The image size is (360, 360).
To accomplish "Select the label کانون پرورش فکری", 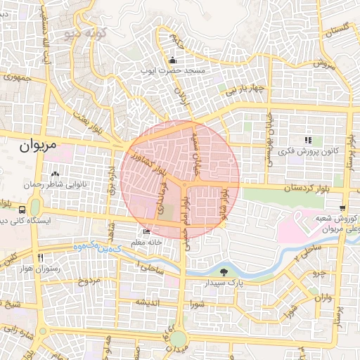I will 309,151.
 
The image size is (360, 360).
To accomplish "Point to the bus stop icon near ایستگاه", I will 22,210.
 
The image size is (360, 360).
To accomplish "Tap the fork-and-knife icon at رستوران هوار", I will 41,257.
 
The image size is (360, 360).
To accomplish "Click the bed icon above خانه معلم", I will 146,231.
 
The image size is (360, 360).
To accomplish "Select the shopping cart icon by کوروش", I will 342,207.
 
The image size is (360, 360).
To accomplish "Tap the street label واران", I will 323,298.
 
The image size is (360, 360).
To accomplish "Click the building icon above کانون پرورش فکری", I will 308,140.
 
